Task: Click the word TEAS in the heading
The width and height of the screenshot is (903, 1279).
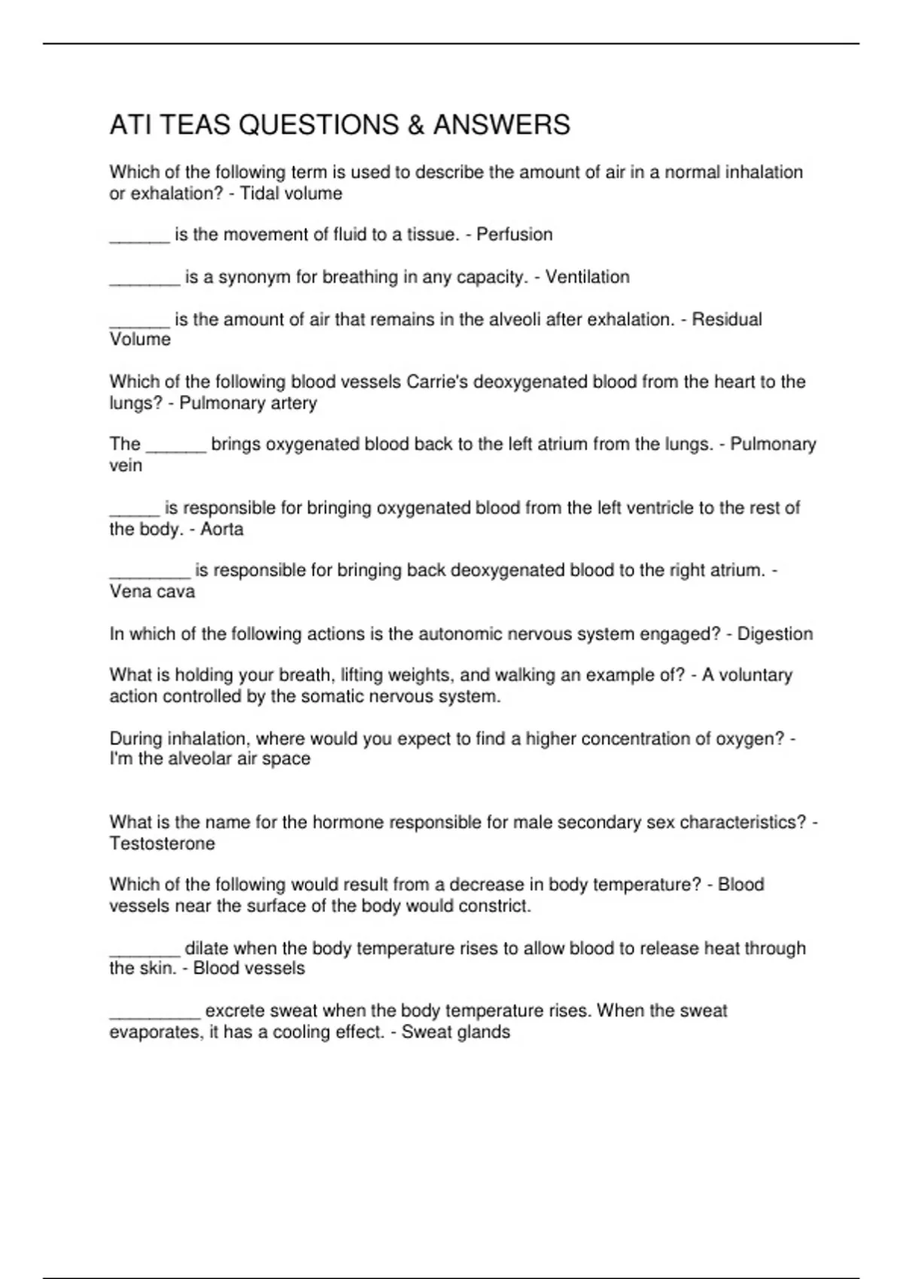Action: coord(194,125)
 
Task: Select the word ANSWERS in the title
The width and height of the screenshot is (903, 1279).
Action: coord(501,125)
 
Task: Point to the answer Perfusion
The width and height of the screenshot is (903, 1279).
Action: coord(515,235)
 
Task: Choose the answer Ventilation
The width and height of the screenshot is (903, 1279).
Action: coord(587,278)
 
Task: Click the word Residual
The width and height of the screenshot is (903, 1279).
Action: coord(726,320)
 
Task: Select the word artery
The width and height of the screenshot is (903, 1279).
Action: coord(291,403)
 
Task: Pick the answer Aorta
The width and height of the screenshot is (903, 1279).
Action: coord(221,530)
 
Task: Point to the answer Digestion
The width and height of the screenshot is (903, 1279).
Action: coord(774,634)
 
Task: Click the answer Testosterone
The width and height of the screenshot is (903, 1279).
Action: coord(162,844)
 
